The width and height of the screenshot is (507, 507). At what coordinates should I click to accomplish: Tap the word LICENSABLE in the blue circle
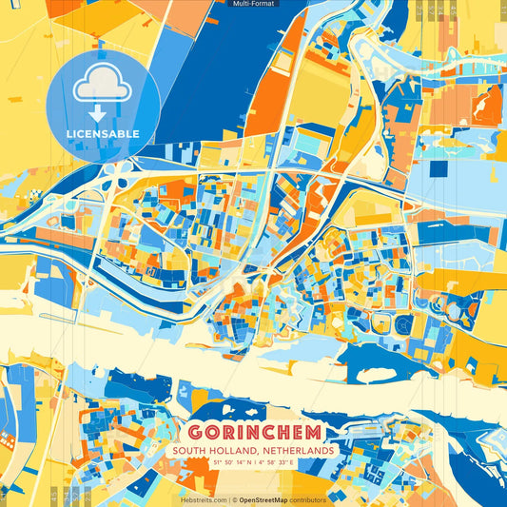[102, 134]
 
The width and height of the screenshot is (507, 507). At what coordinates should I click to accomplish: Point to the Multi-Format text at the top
[252, 5]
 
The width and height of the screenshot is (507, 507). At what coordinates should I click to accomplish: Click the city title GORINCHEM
[252, 431]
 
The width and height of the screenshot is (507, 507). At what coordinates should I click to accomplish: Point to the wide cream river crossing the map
[143, 352]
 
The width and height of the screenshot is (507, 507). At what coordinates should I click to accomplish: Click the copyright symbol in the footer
[234, 499]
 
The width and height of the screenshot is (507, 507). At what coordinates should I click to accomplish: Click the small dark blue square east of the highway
[438, 169]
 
